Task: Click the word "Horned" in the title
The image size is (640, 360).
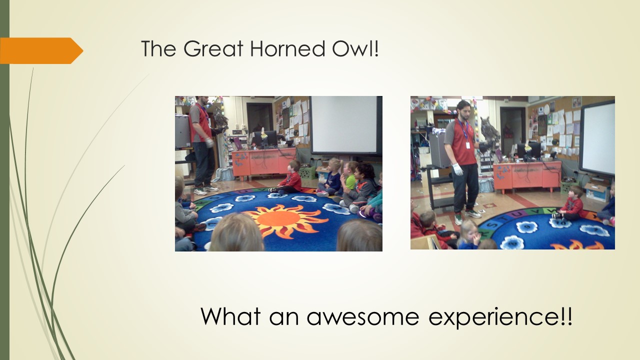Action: coord(287,48)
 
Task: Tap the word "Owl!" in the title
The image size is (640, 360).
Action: coord(355,48)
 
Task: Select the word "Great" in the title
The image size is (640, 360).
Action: coord(213,48)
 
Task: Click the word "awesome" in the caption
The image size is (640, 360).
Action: coord(363,316)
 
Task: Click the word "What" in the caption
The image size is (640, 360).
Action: coord(230,316)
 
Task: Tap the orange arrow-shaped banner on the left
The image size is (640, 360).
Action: coord(41,50)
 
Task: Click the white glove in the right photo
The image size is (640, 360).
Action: coord(458,169)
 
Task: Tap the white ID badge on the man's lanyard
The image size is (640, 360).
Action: coord(468,145)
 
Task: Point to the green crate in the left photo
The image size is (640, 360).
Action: coord(307,172)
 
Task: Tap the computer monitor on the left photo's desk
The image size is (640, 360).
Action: coord(265,138)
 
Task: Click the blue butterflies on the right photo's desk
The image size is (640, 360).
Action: coord(501,172)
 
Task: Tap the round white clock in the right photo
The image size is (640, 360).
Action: coord(546,109)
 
